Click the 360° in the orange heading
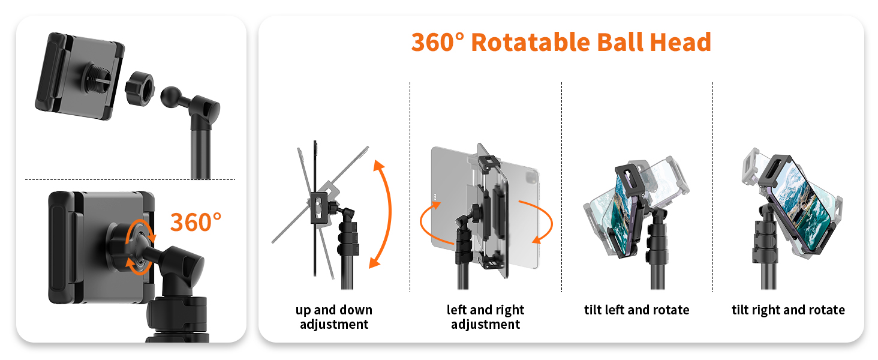[438, 43]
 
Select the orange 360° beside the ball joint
[196, 222]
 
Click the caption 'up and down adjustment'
[334, 317]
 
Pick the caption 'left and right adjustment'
[485, 317]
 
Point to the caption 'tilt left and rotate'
[636, 310]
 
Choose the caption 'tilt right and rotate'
[788, 310]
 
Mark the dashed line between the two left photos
[130, 179]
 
